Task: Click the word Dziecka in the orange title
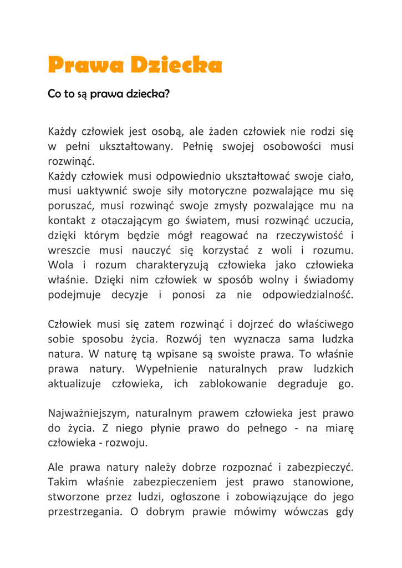click(x=176, y=65)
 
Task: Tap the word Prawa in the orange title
click(x=86, y=65)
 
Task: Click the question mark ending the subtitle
click(x=166, y=94)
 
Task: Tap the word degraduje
click(x=303, y=383)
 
